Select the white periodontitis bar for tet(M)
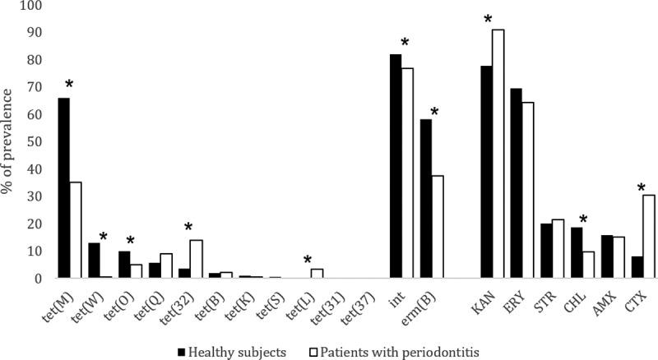[75, 230]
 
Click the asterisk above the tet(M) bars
[69, 85]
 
